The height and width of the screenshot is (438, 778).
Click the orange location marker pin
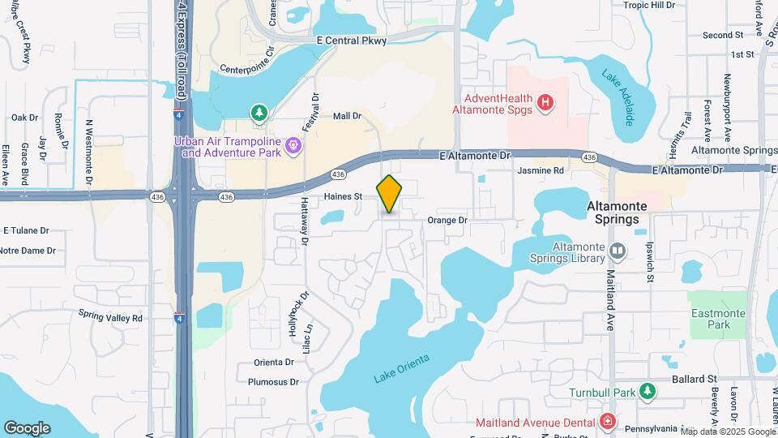[389, 193]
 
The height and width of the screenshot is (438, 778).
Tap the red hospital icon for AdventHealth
[546, 102]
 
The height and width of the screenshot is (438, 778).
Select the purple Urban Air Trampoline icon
[293, 146]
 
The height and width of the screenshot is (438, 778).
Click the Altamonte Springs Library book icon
[618, 251]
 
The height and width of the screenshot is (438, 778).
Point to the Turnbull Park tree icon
[647, 393]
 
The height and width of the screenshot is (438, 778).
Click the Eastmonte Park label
[711, 320]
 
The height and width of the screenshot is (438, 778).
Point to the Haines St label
[343, 196]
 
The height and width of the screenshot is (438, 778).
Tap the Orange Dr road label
[447, 220]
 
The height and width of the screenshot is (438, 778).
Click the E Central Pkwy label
[353, 40]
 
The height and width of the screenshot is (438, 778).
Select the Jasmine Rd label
[541, 171]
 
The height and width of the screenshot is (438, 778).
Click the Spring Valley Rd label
[110, 317]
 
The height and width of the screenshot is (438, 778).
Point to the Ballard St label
[695, 379]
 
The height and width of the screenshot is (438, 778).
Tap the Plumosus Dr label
[273, 381]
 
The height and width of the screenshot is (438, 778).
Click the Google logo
[27, 427]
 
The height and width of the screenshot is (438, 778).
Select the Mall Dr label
[347, 116]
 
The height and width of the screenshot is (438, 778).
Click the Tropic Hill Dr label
[648, 5]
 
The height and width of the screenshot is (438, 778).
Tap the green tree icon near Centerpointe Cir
[259, 112]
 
